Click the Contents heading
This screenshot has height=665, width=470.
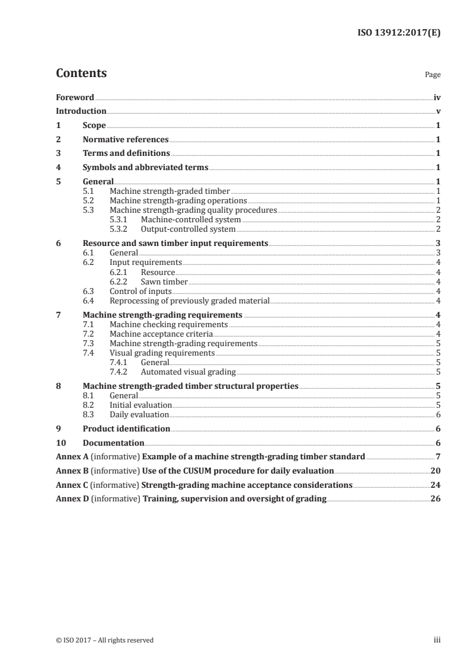coord(81,73)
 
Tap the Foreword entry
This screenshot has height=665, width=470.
coord(75,97)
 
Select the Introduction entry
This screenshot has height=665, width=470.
coord(81,111)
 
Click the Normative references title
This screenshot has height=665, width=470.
coord(126,140)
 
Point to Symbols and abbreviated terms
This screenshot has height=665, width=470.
coord(145,167)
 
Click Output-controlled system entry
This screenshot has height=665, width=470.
coord(188,229)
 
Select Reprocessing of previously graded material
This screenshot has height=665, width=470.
coord(190,300)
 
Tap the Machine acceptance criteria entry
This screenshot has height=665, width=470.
coord(161,334)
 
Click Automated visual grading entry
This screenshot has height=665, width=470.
coord(188,372)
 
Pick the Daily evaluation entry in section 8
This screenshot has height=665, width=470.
coord(139,414)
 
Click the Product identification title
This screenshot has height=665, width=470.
coord(126,429)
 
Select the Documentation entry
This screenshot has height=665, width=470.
coord(113,443)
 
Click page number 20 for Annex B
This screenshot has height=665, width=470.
coord(435,471)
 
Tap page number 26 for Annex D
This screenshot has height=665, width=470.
coord(435,498)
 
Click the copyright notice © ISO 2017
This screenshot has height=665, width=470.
coord(104,640)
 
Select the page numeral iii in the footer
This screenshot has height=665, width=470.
coord(437,640)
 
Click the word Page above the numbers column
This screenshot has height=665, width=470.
coord(433,75)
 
